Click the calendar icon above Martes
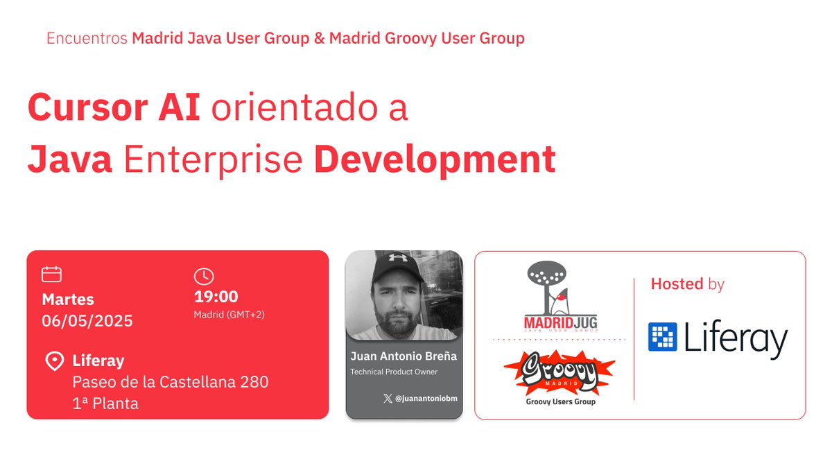(x=52, y=275)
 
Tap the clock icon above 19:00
(x=203, y=276)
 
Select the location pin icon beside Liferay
(x=54, y=361)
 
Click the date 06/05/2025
(x=87, y=321)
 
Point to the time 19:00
(x=216, y=297)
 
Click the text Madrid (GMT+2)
(x=229, y=315)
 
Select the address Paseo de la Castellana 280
(x=171, y=382)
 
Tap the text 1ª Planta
(x=105, y=404)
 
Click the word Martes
(x=68, y=300)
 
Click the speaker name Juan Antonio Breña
(x=404, y=357)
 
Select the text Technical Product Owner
(x=394, y=372)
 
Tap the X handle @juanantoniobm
(x=420, y=399)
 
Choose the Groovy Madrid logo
(x=560, y=374)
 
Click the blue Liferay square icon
(x=662, y=337)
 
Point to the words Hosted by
(x=687, y=284)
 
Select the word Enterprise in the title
(x=213, y=159)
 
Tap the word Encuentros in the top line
(x=87, y=38)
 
